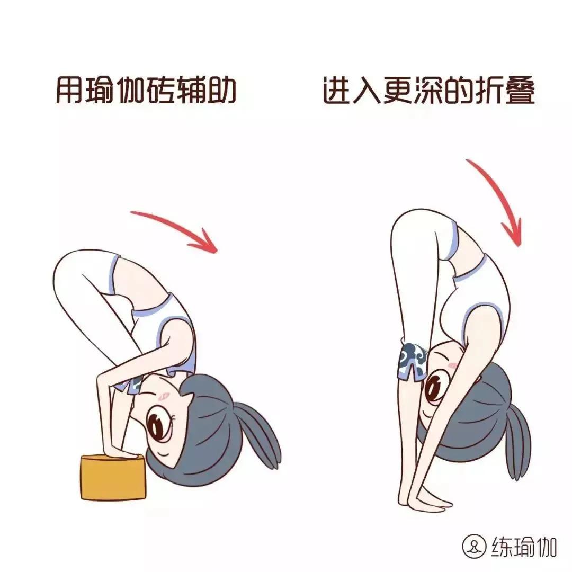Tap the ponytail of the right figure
(x=516, y=445)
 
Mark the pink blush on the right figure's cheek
(x=451, y=365)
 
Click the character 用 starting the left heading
(x=70, y=91)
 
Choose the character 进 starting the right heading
(x=336, y=91)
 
